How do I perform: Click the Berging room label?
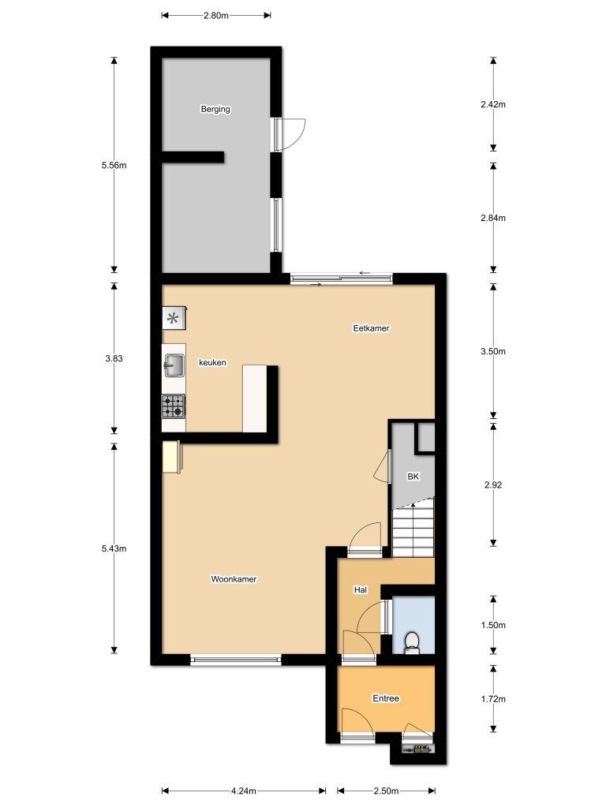click(x=215, y=110)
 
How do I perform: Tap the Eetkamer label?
click(x=371, y=327)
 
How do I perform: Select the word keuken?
click(x=213, y=363)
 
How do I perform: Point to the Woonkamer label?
click(x=234, y=579)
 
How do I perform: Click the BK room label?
click(x=413, y=477)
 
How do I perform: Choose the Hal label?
click(x=361, y=589)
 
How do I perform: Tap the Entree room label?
click(x=386, y=698)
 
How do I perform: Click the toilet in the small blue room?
click(x=411, y=643)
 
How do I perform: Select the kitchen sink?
click(x=174, y=365)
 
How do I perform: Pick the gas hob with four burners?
click(x=174, y=406)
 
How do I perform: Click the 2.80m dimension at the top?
click(x=215, y=15)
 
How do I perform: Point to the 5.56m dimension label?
click(x=114, y=165)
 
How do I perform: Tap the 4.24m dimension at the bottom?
click(x=243, y=791)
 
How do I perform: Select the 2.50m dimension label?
click(x=386, y=791)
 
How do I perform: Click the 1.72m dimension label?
click(x=492, y=698)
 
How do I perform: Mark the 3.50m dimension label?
click(x=492, y=352)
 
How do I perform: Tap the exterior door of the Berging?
click(x=289, y=133)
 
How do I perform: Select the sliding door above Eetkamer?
click(x=341, y=278)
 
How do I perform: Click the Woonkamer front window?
click(x=235, y=660)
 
